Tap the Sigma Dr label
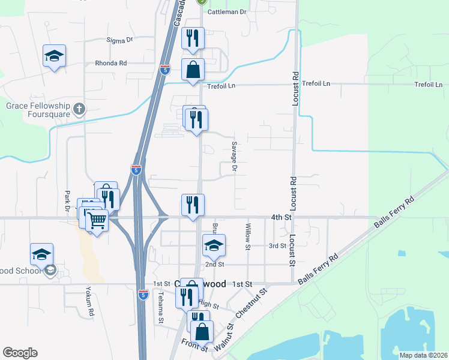click(x=119, y=40)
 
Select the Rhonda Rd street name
click(x=111, y=63)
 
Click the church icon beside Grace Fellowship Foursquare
click(x=79, y=109)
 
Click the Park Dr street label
click(x=68, y=200)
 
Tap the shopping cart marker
click(x=96, y=220)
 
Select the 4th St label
click(x=280, y=216)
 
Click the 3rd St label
click(x=277, y=245)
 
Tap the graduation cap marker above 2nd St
click(x=214, y=245)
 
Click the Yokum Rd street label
click(x=91, y=304)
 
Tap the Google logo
click(x=20, y=353)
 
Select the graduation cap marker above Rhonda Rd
click(x=55, y=56)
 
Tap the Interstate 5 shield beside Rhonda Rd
click(x=165, y=70)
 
